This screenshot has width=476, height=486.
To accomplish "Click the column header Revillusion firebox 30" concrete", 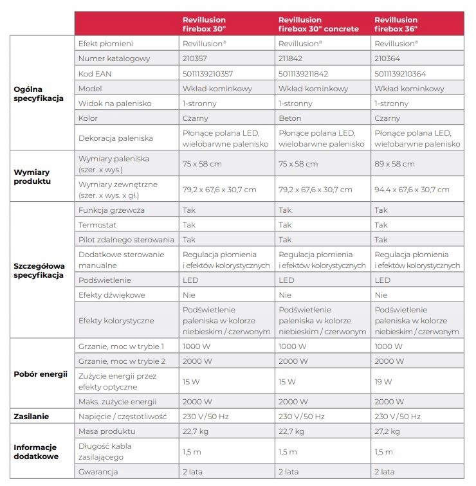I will (318, 24).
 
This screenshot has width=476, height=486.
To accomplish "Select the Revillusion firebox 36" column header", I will (396, 24).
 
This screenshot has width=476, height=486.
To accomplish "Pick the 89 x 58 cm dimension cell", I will (394, 164).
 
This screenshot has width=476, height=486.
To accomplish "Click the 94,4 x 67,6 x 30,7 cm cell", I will (412, 190).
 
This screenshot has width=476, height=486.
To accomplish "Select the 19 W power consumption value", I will (383, 381).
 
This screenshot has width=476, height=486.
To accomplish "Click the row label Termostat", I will (97, 225).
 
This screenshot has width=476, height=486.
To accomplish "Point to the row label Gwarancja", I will (99, 472).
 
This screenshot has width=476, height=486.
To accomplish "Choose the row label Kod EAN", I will (95, 73).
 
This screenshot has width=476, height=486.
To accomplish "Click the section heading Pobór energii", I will (41, 374).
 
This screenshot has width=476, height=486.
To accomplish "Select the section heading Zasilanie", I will (32, 417).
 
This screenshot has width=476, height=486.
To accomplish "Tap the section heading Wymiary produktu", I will (32, 177).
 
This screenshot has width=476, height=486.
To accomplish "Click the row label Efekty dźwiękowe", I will (111, 295).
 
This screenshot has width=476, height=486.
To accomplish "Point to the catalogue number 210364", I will (387, 59).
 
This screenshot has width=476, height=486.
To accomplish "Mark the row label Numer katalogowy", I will (114, 59).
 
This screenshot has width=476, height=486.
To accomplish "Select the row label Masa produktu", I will (106, 431).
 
